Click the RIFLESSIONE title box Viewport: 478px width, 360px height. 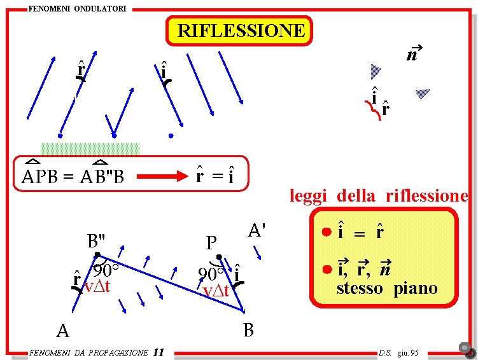[239, 31]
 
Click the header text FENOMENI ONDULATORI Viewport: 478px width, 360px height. [77, 8]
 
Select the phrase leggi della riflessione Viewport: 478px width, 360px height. [379, 196]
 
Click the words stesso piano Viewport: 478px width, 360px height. [387, 288]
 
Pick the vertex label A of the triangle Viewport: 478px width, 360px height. [62, 331]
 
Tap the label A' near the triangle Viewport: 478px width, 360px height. [257, 230]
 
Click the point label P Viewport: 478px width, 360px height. [212, 243]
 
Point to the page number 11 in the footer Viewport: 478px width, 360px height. [159, 352]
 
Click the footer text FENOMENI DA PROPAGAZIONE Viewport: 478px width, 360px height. [88, 353]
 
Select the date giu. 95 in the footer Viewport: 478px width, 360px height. [407, 352]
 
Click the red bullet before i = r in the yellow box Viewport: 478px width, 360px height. [325, 232]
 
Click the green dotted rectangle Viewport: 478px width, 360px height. [90, 149]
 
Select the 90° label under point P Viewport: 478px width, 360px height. [211, 274]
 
